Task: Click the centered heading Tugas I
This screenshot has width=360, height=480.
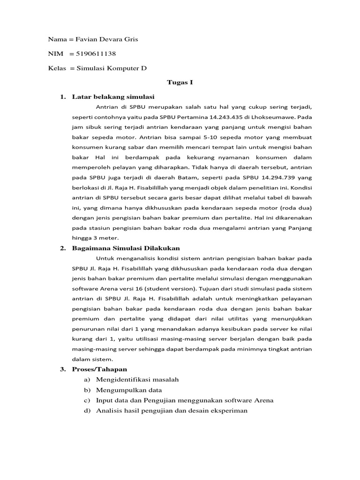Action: click(x=180, y=82)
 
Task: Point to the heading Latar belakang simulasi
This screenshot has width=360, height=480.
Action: click(x=113, y=97)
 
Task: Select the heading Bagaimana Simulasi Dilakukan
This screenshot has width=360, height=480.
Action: click(x=126, y=248)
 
